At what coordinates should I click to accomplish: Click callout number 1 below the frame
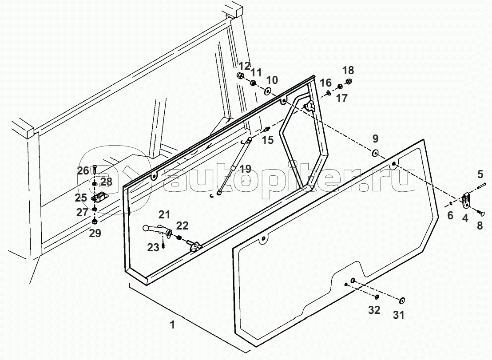click(x=172, y=324)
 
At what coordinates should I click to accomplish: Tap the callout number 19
click(x=245, y=169)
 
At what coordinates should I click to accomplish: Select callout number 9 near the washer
click(x=375, y=138)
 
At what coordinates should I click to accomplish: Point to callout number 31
click(x=399, y=315)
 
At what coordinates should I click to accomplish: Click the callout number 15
click(x=268, y=140)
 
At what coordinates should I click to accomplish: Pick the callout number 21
click(x=164, y=214)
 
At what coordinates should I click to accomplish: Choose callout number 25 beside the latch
click(x=81, y=198)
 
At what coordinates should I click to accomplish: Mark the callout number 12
click(x=244, y=66)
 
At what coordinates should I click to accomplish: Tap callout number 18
click(x=348, y=70)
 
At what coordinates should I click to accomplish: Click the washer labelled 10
click(x=268, y=91)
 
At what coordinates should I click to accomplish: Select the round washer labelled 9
click(x=375, y=153)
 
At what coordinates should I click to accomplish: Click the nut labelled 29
click(x=95, y=222)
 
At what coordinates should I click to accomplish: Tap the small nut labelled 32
click(x=377, y=297)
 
